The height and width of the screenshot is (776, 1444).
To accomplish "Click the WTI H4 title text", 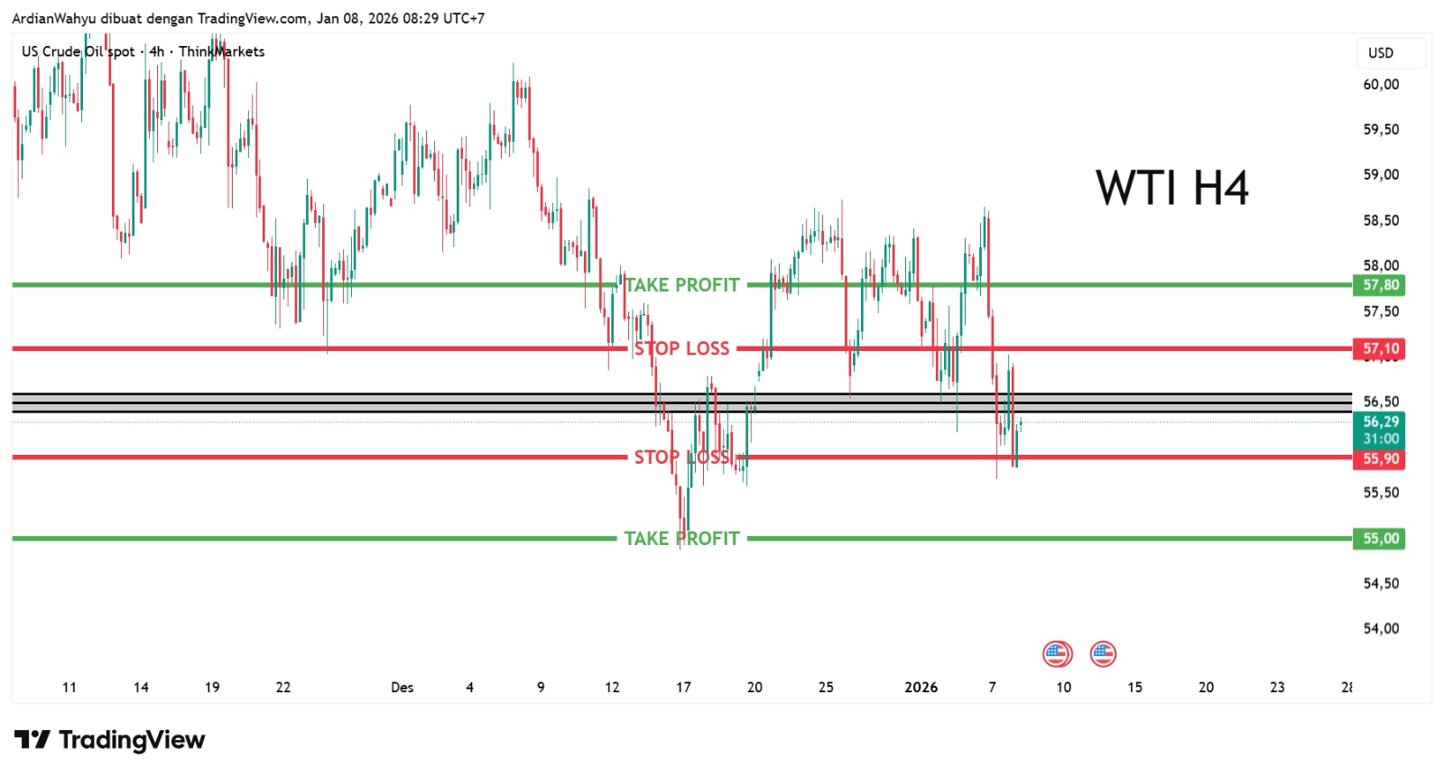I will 1171,189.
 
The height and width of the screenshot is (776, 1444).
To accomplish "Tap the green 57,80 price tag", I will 1380,285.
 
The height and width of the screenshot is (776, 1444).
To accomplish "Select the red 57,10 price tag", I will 1380,348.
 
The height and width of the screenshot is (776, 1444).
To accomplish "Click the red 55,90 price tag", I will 1380,458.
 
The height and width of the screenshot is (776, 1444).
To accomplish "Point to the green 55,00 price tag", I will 1380,539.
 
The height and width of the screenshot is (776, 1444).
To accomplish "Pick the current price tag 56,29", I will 1380,422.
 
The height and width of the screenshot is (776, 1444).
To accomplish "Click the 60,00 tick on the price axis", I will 1380,84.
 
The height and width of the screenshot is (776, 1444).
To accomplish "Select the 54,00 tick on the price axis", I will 1380,628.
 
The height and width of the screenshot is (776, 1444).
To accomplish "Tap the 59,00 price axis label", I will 1380,174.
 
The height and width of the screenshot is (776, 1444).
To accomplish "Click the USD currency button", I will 1381,52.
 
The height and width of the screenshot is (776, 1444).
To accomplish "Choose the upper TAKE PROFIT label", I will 682,285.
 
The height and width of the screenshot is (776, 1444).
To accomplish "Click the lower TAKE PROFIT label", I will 682,539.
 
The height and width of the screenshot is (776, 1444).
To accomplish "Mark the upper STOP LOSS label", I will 681,348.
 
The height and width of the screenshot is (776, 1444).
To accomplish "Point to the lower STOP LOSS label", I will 681,457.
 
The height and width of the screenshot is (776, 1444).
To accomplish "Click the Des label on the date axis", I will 402,688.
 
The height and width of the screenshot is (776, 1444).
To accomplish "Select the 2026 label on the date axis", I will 921,688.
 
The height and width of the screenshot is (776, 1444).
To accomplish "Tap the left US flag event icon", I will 1057,653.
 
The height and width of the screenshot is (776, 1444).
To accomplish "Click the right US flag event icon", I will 1103,653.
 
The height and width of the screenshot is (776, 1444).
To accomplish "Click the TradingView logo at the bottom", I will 109,740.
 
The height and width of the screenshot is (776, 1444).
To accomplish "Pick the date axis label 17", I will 683,688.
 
